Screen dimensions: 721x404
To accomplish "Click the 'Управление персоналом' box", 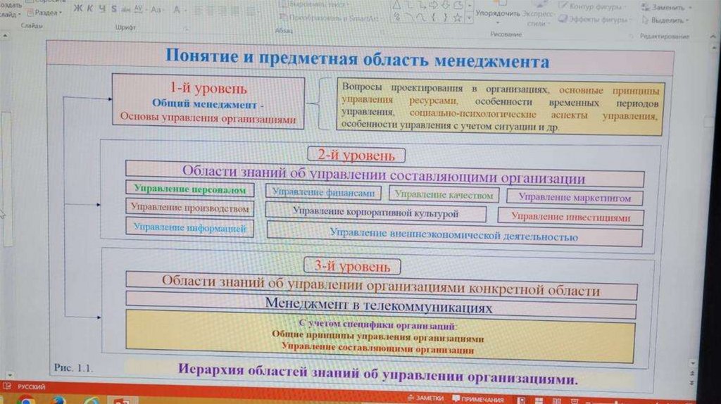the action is pyautogui.click(x=190, y=190).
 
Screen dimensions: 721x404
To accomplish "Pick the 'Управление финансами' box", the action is pyautogui.click(x=324, y=192).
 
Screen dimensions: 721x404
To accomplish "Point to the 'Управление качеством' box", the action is pyautogui.click(x=444, y=195).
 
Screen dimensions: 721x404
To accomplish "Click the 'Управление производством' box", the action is pyautogui.click(x=190, y=208).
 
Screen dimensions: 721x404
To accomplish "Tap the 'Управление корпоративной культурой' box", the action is pyautogui.click(x=376, y=212).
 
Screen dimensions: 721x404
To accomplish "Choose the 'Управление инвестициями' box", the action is pyautogui.click(x=570, y=217).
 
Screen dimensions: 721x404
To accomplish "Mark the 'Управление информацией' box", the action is pyautogui.click(x=190, y=227).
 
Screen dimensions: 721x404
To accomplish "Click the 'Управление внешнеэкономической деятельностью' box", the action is pyautogui.click(x=454, y=236).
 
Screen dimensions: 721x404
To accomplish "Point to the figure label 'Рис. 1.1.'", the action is pyautogui.click(x=73, y=367).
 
